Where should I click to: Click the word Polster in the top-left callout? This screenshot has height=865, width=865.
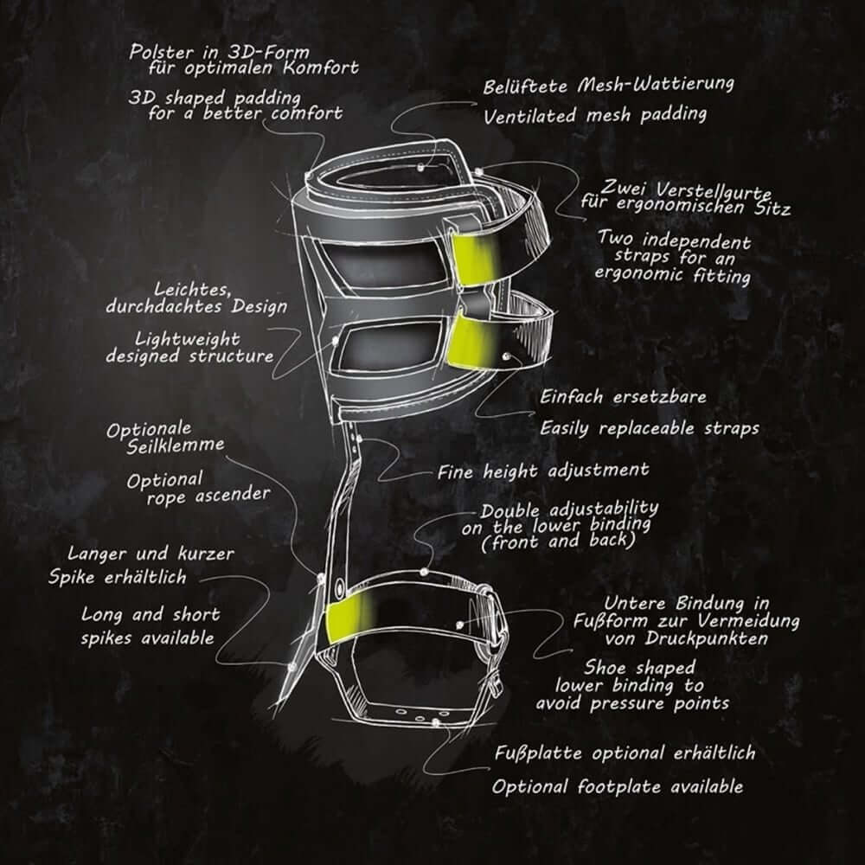tap(162, 53)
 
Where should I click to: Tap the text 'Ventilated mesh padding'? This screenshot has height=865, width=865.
tap(595, 115)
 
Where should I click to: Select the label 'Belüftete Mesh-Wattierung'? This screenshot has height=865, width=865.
tap(608, 86)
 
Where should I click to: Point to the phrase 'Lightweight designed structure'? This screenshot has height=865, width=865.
tap(189, 348)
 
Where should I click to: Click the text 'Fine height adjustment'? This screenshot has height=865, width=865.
tap(543, 471)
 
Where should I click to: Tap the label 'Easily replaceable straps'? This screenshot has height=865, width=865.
tap(649, 428)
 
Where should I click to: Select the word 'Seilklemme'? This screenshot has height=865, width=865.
tap(176, 445)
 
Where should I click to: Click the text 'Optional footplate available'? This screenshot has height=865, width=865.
tap(618, 786)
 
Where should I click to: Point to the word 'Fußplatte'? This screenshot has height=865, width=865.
tap(538, 753)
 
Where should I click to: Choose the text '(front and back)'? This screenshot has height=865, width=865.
tap(557, 541)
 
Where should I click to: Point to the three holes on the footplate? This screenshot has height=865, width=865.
tap(420, 716)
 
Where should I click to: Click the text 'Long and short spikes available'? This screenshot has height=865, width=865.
tap(149, 626)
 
